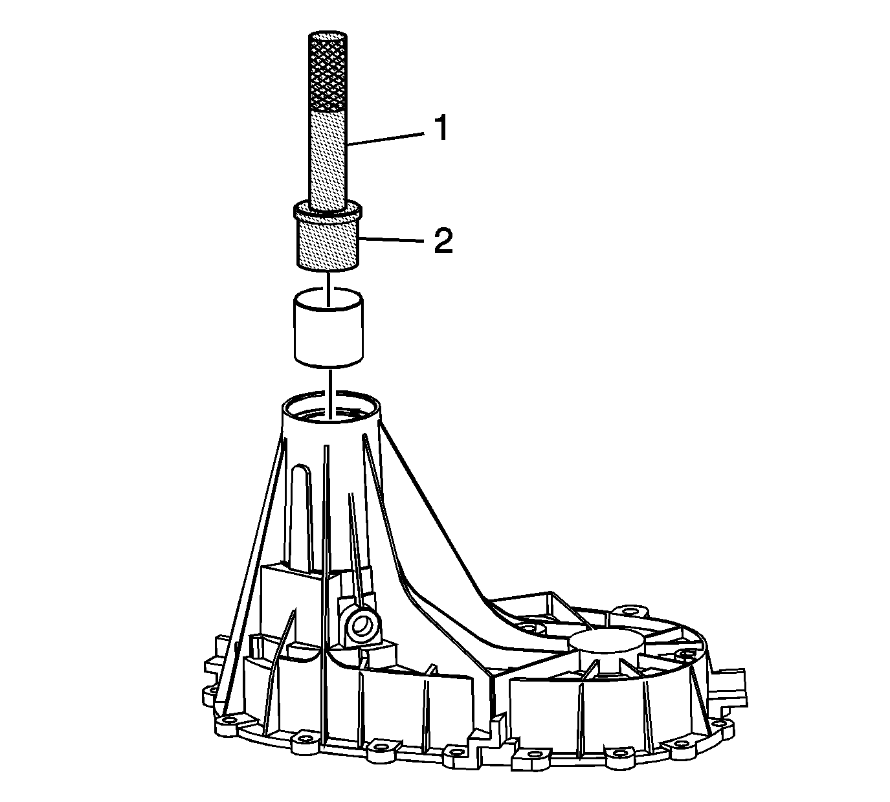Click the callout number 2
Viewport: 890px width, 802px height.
click(x=443, y=241)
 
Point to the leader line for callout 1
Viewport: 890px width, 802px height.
click(x=384, y=139)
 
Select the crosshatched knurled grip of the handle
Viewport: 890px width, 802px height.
click(x=328, y=71)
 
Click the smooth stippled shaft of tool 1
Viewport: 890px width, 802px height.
click(x=328, y=160)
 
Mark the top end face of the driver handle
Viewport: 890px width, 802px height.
click(x=328, y=36)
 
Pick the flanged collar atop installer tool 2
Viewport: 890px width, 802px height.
click(x=328, y=212)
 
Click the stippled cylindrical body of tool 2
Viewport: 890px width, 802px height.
click(x=328, y=244)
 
